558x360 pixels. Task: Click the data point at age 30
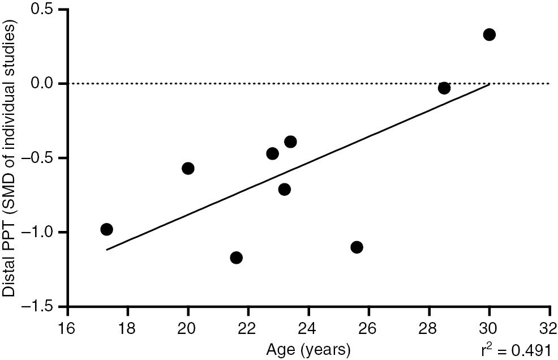(x=489, y=35)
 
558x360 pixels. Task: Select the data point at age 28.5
(x=444, y=88)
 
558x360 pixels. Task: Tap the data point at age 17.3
(x=106, y=229)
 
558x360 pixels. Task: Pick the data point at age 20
(x=188, y=168)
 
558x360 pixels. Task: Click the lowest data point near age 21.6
(x=237, y=258)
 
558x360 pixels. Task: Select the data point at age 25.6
(x=357, y=247)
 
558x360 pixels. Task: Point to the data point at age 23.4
(x=290, y=142)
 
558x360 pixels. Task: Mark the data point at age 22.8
(x=272, y=153)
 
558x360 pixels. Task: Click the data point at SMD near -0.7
(x=285, y=189)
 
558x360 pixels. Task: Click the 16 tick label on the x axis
(x=68, y=328)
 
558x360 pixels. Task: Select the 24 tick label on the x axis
(x=308, y=328)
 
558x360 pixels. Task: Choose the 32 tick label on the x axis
(x=549, y=328)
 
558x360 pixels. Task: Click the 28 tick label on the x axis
(x=429, y=328)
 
